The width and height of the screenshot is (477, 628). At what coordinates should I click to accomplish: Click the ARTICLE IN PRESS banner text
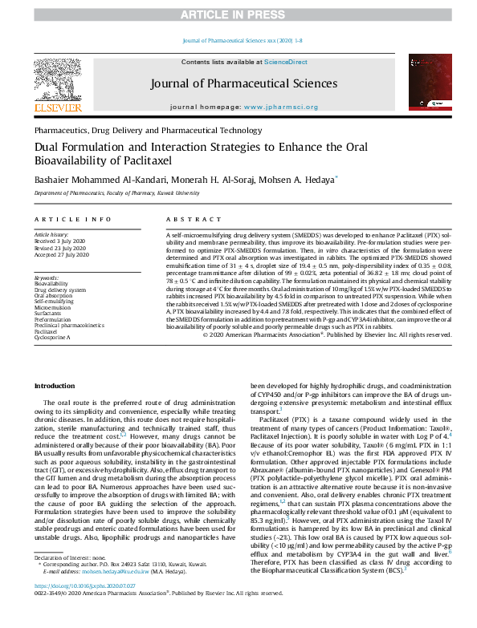coord(238,14)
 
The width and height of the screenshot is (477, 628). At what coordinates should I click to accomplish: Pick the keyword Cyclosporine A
coord(52,338)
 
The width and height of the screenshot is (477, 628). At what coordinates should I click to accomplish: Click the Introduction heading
coord(55,387)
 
